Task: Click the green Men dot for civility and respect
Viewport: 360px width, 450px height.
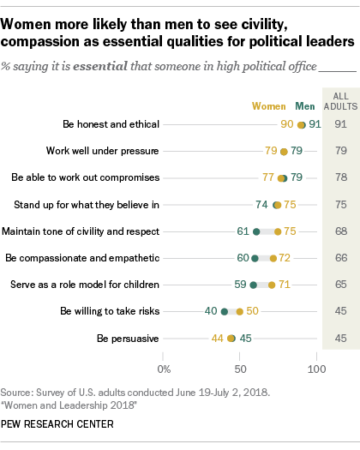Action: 256,231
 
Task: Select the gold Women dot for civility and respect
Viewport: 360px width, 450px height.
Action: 278,231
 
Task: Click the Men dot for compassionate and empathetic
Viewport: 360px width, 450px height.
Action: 255,258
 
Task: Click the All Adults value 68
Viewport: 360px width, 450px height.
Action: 340,231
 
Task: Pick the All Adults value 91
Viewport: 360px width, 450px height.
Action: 340,124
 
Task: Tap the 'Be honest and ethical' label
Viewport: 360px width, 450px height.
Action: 111,124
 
